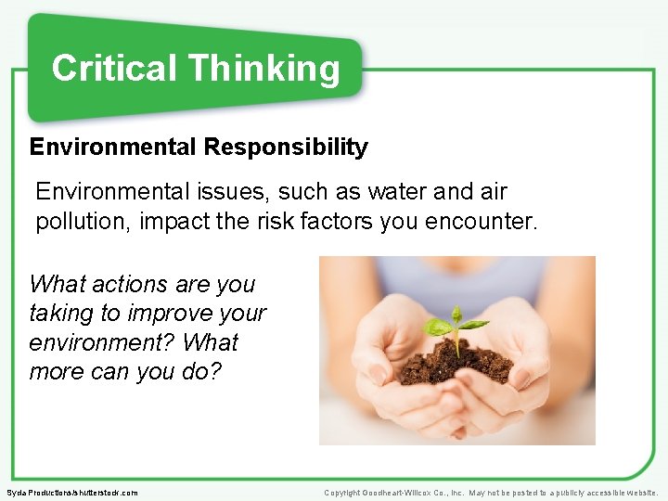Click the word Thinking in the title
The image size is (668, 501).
[x=263, y=70]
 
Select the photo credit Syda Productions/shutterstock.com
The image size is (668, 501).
[x=71, y=493]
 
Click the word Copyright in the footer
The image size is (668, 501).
[x=342, y=493]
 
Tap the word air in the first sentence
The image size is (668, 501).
[x=493, y=192]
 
